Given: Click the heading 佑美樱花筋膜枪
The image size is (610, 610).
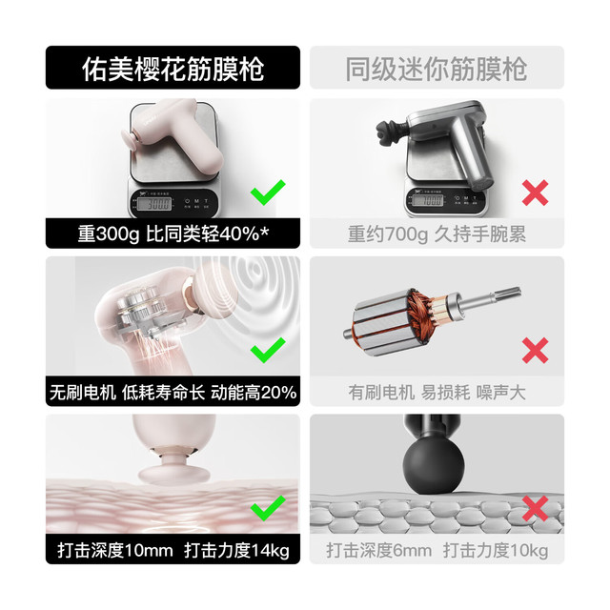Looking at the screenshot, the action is [x=173, y=69].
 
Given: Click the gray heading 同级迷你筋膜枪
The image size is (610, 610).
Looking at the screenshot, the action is [x=437, y=69].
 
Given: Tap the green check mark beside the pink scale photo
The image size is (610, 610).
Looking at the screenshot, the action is [x=268, y=193].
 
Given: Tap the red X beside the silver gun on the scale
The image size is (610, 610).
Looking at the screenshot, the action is [x=536, y=193].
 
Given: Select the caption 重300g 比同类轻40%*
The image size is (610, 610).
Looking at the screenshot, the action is [x=173, y=234].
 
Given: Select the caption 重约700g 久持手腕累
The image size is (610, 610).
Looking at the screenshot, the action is [x=437, y=234].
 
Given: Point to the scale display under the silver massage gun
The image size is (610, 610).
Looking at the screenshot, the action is [x=427, y=200].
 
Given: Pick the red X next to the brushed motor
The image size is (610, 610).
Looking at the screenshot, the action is [x=536, y=351].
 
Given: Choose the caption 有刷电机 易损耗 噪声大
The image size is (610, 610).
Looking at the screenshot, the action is [x=437, y=392].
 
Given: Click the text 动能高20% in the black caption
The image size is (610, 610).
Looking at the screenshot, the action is [x=254, y=392].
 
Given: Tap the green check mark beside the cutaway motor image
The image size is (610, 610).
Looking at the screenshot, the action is [x=268, y=350].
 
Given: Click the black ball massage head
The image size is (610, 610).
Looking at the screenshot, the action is [x=434, y=465].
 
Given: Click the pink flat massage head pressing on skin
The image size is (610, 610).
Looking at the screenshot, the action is [x=174, y=474].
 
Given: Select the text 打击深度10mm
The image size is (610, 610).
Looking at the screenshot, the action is [x=115, y=551].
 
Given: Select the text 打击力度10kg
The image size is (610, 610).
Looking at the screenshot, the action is [x=496, y=551].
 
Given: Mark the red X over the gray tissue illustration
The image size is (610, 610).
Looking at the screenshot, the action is [x=536, y=508].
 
